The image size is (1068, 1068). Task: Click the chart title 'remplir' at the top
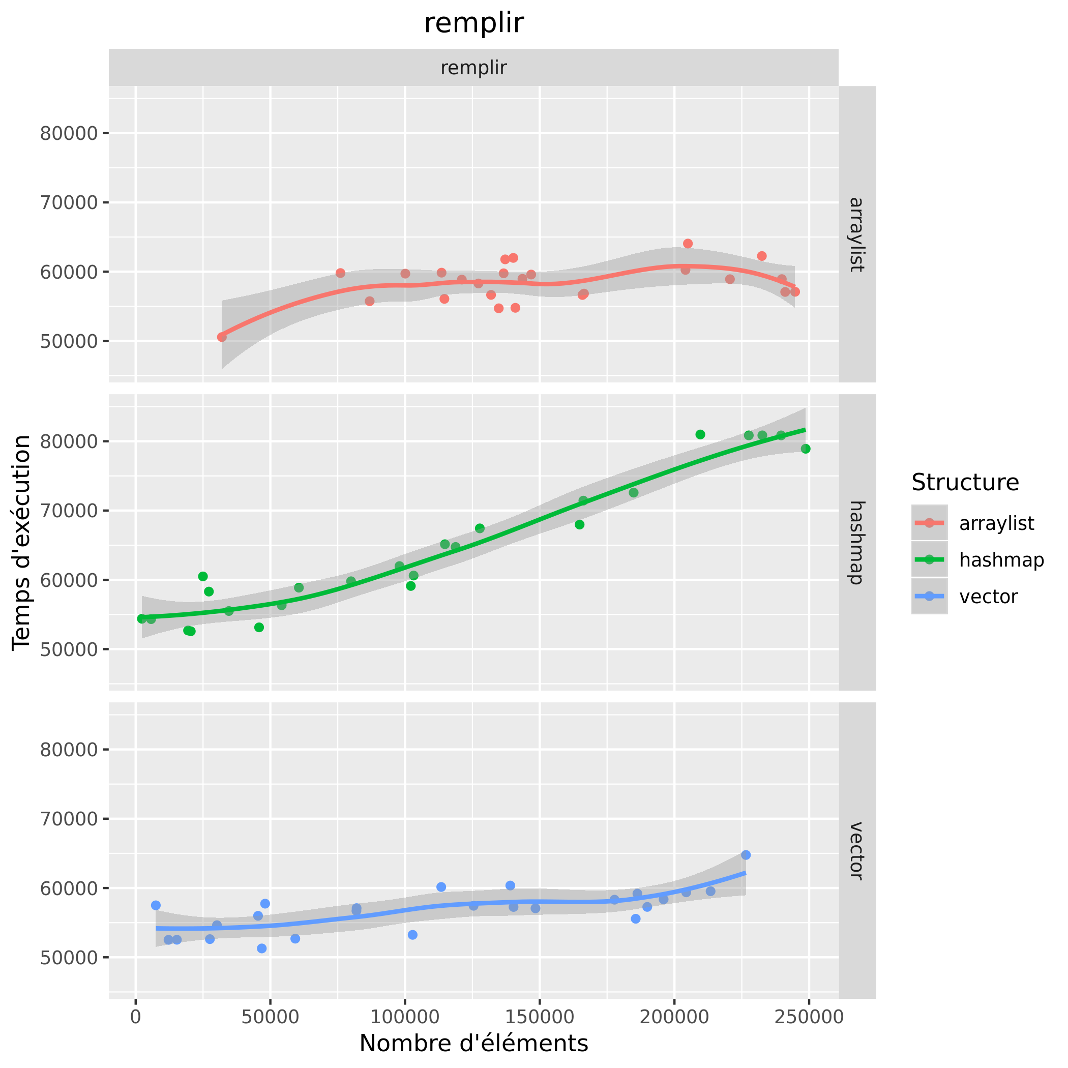pos(473,23)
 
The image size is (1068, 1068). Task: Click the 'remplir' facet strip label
pos(473,68)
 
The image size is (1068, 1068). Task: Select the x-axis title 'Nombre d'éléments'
pos(473,1043)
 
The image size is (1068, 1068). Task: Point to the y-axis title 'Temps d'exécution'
pos(22,542)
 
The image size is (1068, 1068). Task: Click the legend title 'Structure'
pos(965,483)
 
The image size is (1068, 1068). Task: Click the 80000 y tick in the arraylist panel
pos(69,133)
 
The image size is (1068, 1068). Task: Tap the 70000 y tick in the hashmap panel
pos(69,510)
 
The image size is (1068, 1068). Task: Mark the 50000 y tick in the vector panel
pos(69,958)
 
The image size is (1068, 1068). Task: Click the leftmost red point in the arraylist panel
pos(222,337)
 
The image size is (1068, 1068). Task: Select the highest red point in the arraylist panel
pos(688,243)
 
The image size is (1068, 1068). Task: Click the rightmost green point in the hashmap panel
pos(806,449)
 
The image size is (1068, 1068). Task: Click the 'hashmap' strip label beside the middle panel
pos(856,542)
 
